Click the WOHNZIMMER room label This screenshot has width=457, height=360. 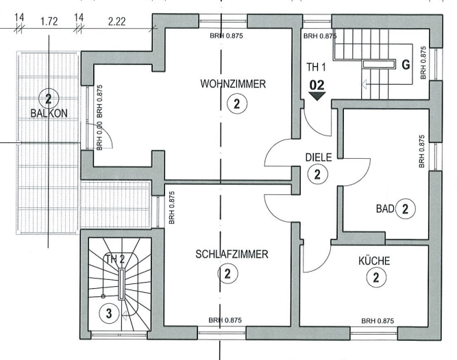[x=233, y=84]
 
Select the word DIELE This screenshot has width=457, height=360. [x=318, y=157]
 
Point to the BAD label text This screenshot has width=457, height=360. [x=384, y=209]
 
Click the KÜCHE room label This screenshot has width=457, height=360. [x=374, y=261]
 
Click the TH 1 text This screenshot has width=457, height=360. [x=317, y=68]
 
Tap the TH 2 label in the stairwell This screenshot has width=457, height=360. [x=116, y=259]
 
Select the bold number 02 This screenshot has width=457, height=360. [x=317, y=84]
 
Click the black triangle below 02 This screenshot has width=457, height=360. [x=317, y=97]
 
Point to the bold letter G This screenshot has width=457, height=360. [x=405, y=66]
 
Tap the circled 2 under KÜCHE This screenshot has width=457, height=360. [x=375, y=277]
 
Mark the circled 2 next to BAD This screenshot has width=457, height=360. [x=406, y=209]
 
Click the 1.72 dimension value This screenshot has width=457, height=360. [x=49, y=21]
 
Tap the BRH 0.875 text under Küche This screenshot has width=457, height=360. [x=378, y=320]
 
